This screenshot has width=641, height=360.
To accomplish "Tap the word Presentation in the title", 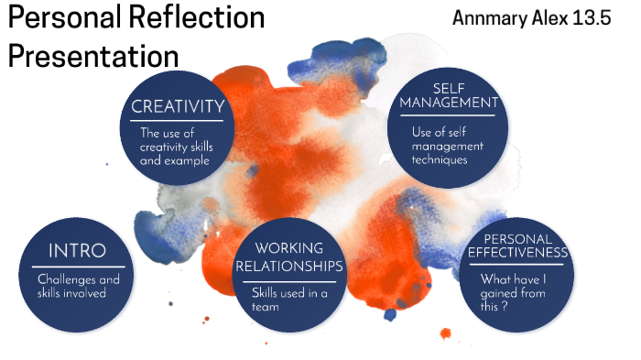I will [93, 55].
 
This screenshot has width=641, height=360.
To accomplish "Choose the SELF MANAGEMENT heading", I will [449, 95].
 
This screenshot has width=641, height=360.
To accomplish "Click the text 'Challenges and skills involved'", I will [77, 287].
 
